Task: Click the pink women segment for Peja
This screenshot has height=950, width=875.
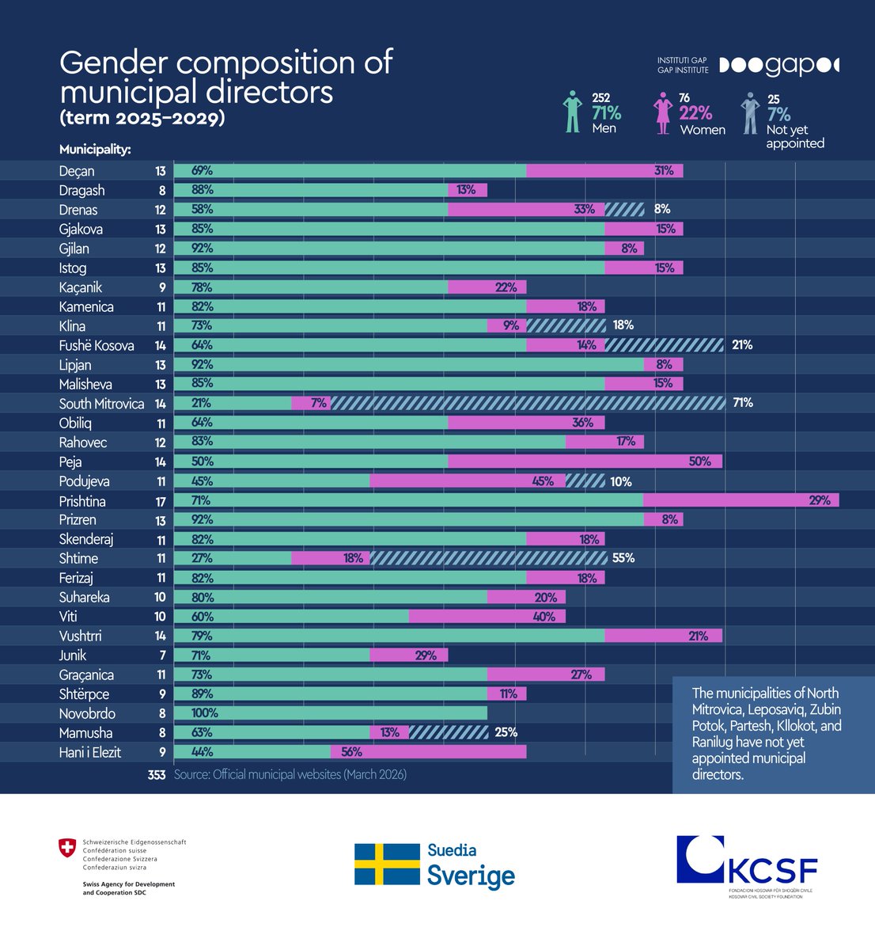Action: [x=585, y=462]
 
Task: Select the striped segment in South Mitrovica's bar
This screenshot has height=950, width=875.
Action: [x=528, y=403]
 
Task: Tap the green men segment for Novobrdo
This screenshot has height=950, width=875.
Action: [x=331, y=713]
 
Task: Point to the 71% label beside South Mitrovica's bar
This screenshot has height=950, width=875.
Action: [x=742, y=403]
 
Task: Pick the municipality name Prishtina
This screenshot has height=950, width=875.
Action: [x=82, y=501]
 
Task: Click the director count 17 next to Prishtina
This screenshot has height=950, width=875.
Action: [x=161, y=501]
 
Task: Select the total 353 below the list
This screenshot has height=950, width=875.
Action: [x=156, y=774]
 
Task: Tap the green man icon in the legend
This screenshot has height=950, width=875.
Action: [x=572, y=111]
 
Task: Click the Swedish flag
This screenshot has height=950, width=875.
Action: [x=387, y=864]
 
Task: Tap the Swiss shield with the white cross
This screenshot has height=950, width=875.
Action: [x=68, y=848]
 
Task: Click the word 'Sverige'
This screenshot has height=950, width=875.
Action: [x=471, y=876]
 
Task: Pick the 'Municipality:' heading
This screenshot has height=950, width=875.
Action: [x=95, y=149]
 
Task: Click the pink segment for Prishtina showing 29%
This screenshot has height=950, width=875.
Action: [x=741, y=500]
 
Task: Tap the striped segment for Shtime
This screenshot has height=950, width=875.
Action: [x=488, y=558]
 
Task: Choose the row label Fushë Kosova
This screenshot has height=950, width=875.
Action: [x=97, y=345]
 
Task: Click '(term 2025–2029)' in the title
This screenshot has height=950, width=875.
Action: [x=142, y=118]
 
